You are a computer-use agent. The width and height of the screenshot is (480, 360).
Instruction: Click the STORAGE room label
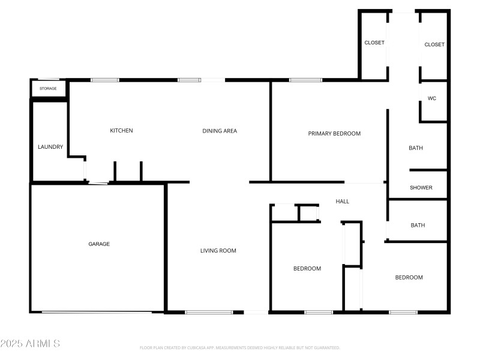(x=48, y=89)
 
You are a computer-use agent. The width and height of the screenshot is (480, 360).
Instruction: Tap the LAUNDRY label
(x=50, y=146)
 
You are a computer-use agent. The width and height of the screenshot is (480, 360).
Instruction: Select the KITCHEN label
(x=121, y=131)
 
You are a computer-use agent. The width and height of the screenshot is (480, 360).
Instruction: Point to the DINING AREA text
(x=220, y=131)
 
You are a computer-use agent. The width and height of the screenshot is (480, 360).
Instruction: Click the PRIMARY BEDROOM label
(x=334, y=133)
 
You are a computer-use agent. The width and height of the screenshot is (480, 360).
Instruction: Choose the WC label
(x=431, y=98)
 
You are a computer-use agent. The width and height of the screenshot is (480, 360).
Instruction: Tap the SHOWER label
(x=421, y=188)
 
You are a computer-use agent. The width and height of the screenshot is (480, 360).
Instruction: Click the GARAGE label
(x=99, y=244)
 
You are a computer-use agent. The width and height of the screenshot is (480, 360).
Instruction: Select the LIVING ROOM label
(x=218, y=251)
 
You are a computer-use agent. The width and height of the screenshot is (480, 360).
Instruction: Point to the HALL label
(x=343, y=202)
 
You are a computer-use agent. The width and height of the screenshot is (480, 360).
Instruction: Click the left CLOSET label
(x=374, y=43)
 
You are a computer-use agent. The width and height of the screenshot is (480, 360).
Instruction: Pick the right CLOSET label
(x=434, y=44)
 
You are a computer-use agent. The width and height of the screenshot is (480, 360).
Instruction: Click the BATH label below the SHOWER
(x=418, y=226)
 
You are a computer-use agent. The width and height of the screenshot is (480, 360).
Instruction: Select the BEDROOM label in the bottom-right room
(x=409, y=277)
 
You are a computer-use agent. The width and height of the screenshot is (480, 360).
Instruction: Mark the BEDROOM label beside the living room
(x=307, y=268)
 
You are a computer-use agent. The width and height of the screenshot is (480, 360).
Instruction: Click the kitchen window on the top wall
(x=104, y=80)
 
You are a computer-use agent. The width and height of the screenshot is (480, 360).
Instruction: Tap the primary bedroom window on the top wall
(x=305, y=80)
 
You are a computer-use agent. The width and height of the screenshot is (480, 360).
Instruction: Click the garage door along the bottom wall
(x=96, y=312)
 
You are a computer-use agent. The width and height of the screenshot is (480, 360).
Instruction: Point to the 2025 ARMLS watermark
(x=30, y=344)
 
